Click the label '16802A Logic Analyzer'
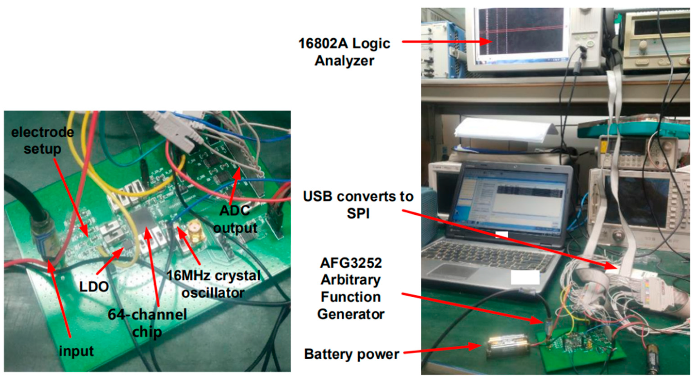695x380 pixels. [x=344, y=52]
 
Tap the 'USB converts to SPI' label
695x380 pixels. [x=358, y=205]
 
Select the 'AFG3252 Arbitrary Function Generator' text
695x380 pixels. [x=351, y=288]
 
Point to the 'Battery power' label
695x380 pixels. [x=352, y=354]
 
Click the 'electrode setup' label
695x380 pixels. [x=42, y=140]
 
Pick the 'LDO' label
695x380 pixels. [x=94, y=287]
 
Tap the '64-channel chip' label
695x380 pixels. [x=147, y=323]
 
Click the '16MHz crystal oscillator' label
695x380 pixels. [x=213, y=284]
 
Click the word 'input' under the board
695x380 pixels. [x=76, y=351]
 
